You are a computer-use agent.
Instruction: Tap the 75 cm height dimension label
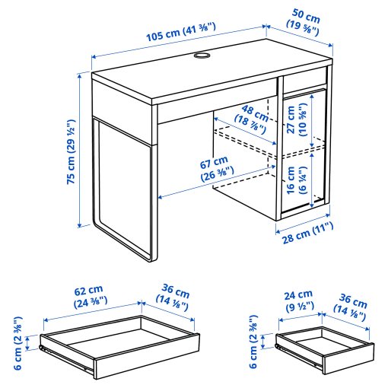click(70, 152)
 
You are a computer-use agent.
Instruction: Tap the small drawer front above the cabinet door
click(304, 81)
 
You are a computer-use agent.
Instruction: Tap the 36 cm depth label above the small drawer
click(351, 303)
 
